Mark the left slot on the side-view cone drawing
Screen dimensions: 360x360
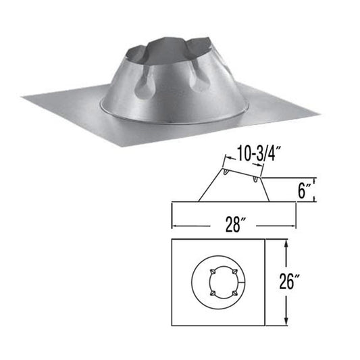pyautogui.click(x=228, y=179)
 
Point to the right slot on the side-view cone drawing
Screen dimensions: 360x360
pyautogui.click(x=255, y=180)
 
